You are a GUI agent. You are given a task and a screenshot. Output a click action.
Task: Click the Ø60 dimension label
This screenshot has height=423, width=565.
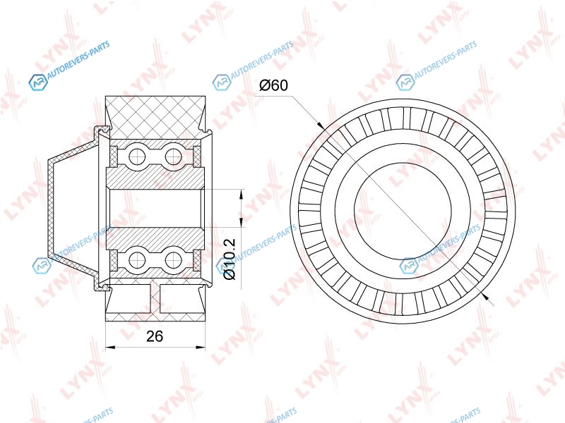(x=274, y=85)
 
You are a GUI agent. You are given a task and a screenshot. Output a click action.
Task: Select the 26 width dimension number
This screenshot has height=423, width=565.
(x=155, y=336)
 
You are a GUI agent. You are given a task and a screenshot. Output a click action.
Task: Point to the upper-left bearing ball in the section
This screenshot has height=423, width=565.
(x=136, y=157)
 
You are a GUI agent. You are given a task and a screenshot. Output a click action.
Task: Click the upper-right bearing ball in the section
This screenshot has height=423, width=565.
(x=173, y=157)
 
